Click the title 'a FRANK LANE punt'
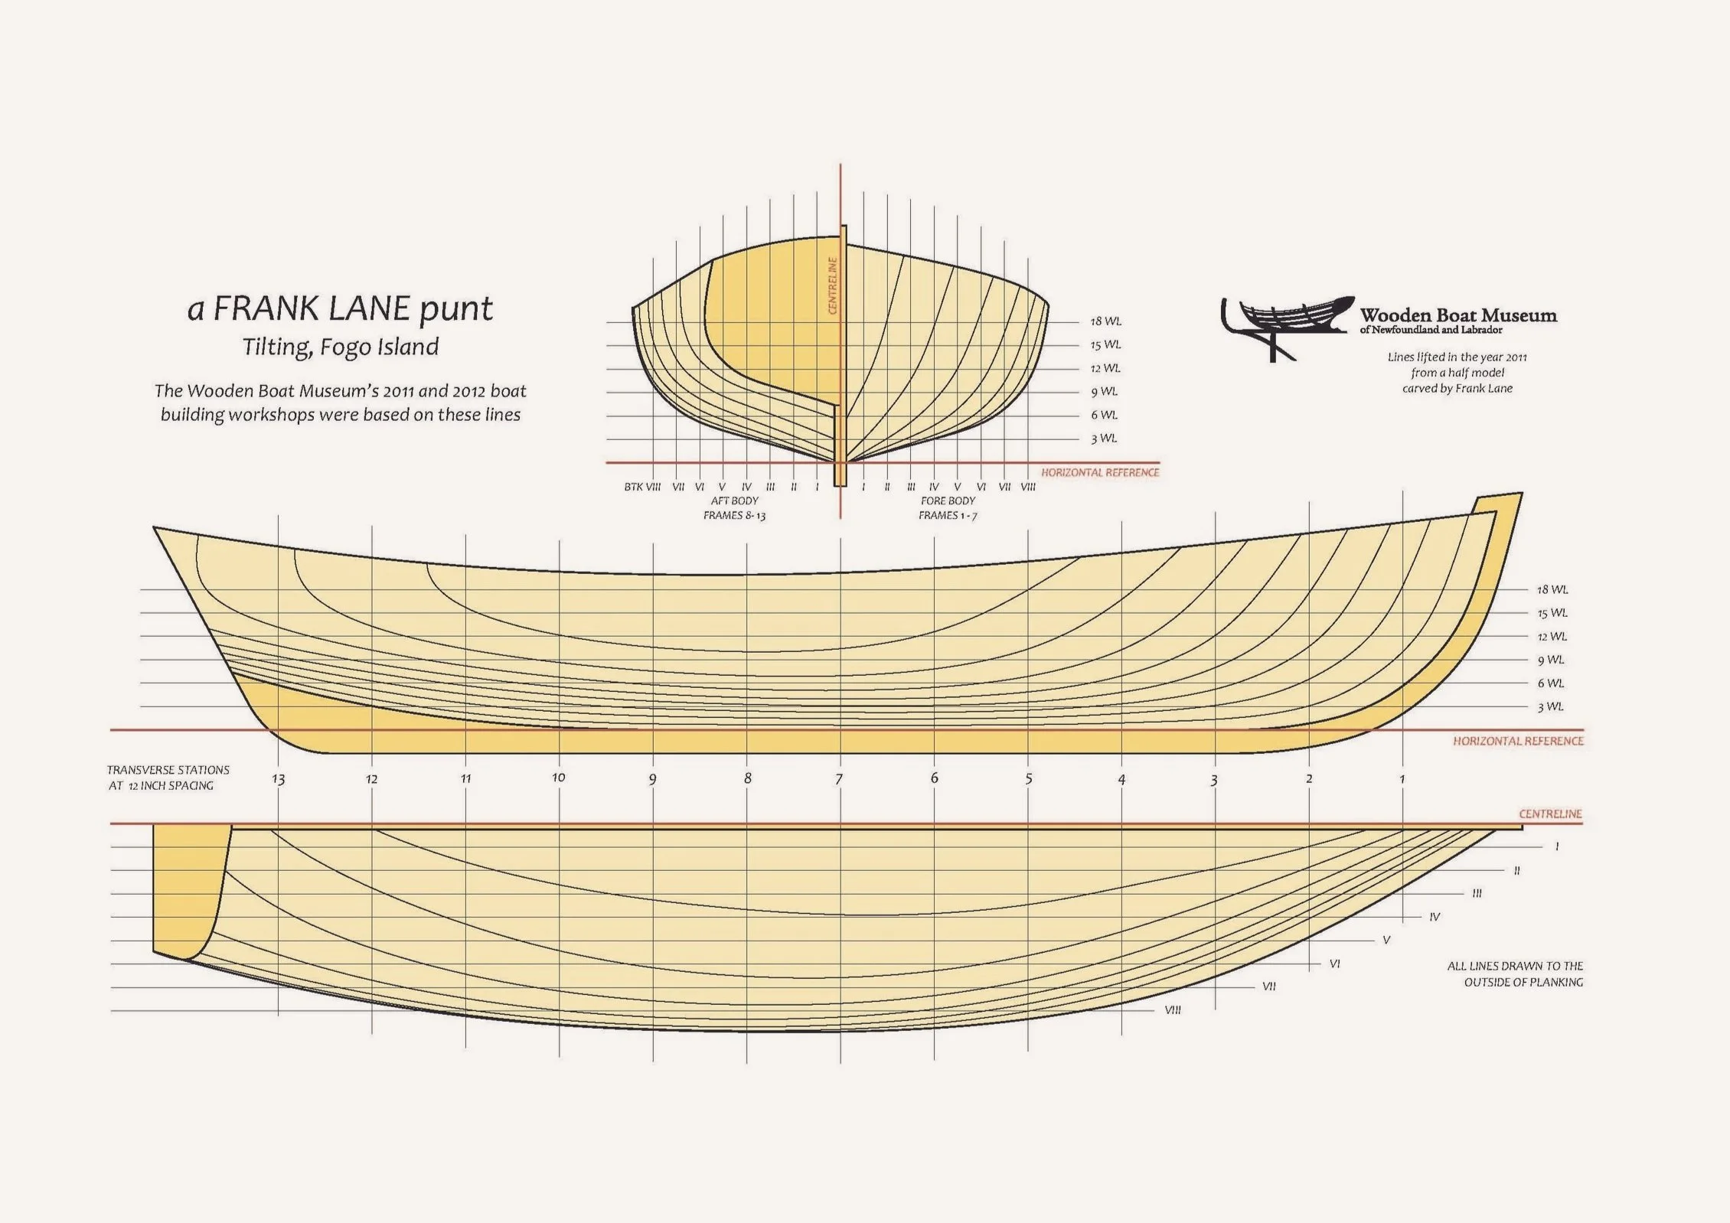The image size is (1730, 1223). pyautogui.click(x=340, y=308)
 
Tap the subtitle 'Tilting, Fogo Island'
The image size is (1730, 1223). pyautogui.click(x=341, y=347)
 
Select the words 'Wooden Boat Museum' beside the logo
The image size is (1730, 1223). pyautogui.click(x=1457, y=315)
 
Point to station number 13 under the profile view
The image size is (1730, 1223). pyautogui.click(x=278, y=780)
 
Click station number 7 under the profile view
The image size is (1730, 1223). pyautogui.click(x=839, y=779)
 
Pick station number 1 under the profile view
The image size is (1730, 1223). pyautogui.click(x=1402, y=779)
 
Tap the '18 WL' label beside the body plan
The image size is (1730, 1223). pyautogui.click(x=1105, y=321)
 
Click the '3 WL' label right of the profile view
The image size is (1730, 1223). pyautogui.click(x=1551, y=707)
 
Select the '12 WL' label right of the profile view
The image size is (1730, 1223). pyautogui.click(x=1552, y=637)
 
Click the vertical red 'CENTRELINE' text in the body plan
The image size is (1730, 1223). pyautogui.click(x=833, y=285)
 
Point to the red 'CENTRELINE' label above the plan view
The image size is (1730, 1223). pyautogui.click(x=1550, y=814)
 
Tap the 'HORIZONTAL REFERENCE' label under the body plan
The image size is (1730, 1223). pyautogui.click(x=1099, y=473)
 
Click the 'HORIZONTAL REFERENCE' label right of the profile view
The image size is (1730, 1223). pyautogui.click(x=1518, y=742)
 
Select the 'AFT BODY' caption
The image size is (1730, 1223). pyautogui.click(x=734, y=501)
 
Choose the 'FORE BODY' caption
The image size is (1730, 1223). pyautogui.click(x=948, y=501)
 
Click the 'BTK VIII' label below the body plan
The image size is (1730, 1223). pyautogui.click(x=641, y=487)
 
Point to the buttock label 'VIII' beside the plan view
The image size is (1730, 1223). pyautogui.click(x=1172, y=1010)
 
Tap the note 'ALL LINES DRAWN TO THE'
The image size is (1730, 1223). pyautogui.click(x=1514, y=966)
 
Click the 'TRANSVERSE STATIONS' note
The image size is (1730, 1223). pyautogui.click(x=168, y=770)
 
